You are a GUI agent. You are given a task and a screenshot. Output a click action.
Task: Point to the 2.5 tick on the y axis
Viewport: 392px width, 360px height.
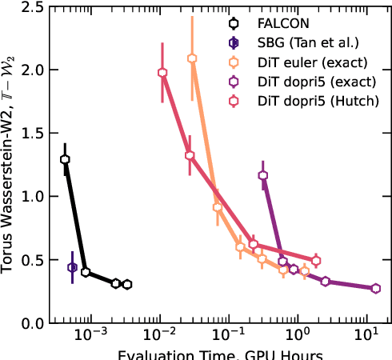point(32,7)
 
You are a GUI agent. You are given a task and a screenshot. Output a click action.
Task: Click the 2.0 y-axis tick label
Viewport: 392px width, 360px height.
point(32,70)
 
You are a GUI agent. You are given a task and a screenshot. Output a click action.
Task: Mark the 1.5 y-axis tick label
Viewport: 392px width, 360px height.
point(32,133)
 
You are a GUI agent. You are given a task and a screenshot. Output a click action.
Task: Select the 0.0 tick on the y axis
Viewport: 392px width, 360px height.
point(32,323)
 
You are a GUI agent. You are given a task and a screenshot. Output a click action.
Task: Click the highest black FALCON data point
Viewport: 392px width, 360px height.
point(65,159)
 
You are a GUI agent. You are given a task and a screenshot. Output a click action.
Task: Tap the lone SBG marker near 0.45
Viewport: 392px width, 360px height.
point(72,267)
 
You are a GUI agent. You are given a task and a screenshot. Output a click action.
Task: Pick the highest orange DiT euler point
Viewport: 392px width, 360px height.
point(192,58)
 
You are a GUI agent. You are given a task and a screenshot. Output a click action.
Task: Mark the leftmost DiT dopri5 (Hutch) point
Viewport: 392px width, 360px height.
point(162,73)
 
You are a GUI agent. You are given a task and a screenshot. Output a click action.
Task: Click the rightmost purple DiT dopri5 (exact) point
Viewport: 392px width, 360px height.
point(375,288)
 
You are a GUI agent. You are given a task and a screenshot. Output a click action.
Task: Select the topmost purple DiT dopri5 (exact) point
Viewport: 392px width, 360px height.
point(263,175)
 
